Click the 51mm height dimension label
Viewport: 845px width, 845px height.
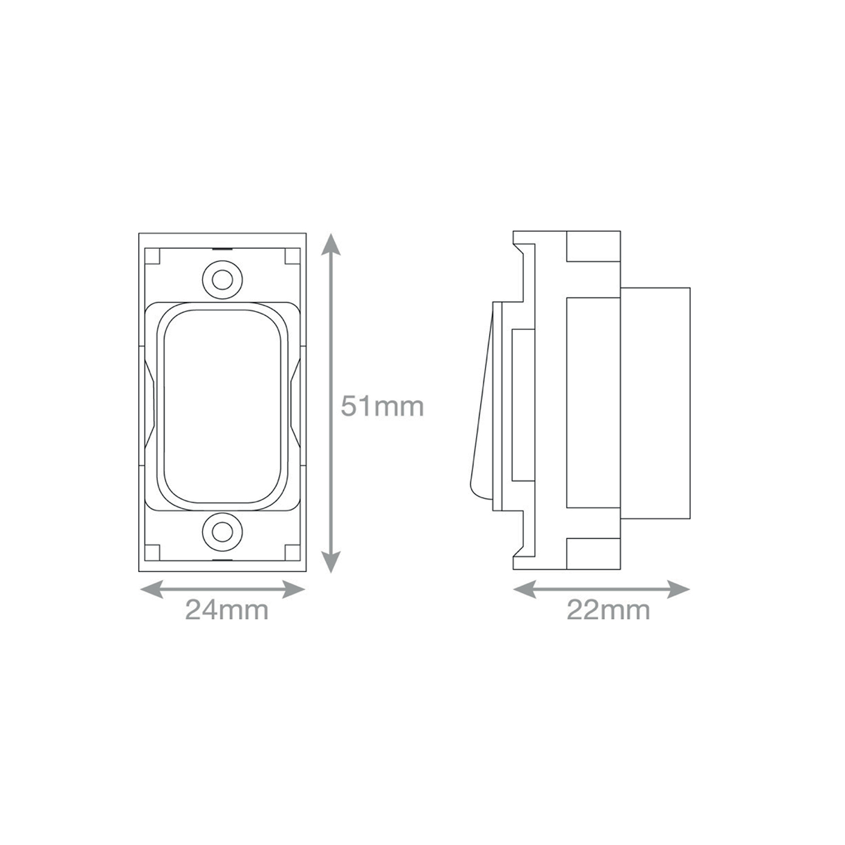pos(382,406)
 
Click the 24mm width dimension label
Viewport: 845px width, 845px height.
pos(227,611)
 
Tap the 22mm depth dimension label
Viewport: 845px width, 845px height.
pos(608,611)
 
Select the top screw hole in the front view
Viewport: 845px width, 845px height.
pos(223,279)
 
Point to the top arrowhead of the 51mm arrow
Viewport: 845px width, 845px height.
pos(330,243)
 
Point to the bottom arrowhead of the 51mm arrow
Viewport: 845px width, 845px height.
pos(330,562)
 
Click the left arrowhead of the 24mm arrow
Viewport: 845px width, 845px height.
pos(150,589)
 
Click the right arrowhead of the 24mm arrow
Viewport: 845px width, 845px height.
pos(294,589)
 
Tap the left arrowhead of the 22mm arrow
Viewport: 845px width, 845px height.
pos(524,589)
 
